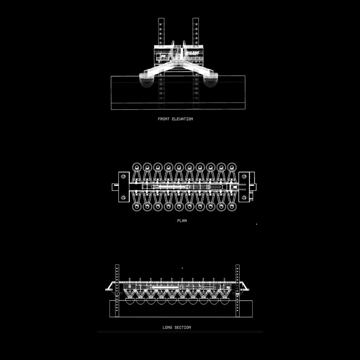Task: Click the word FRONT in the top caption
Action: click(x=163, y=119)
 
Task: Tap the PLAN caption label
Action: click(x=182, y=221)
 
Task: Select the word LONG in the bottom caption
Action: click(x=167, y=327)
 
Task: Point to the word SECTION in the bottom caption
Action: click(x=183, y=327)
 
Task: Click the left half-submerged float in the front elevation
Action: click(x=146, y=81)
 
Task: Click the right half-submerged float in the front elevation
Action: click(x=211, y=81)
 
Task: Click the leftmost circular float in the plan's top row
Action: click(x=137, y=167)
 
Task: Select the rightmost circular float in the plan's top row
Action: click(x=231, y=167)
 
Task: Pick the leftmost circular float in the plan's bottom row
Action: click(x=137, y=206)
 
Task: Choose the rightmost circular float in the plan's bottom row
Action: click(x=231, y=206)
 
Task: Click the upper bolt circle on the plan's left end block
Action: click(x=123, y=177)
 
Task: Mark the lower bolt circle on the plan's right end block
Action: click(x=244, y=197)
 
